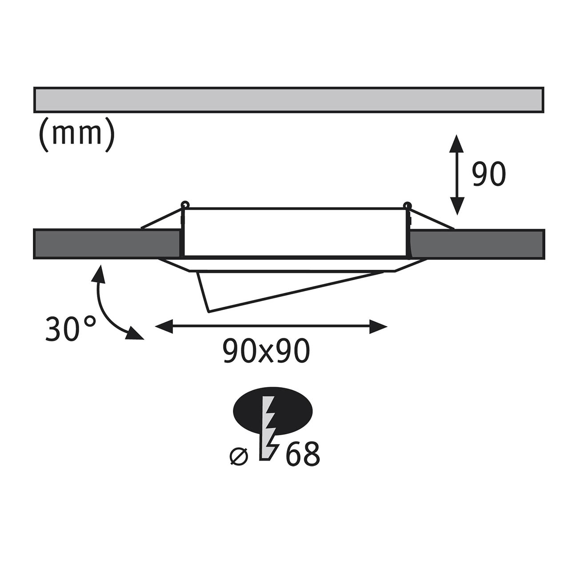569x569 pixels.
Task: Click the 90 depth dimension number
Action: pyautogui.click(x=489, y=175)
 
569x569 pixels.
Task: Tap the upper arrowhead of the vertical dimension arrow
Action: pyautogui.click(x=457, y=144)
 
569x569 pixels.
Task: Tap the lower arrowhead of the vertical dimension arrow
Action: pyautogui.click(x=457, y=206)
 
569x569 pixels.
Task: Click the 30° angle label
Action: pyautogui.click(x=71, y=329)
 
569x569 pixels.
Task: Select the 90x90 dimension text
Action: pyautogui.click(x=266, y=351)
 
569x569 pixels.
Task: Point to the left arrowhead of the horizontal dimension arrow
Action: pyautogui.click(x=164, y=326)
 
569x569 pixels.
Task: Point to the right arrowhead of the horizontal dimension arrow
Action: pyautogui.click(x=378, y=326)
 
